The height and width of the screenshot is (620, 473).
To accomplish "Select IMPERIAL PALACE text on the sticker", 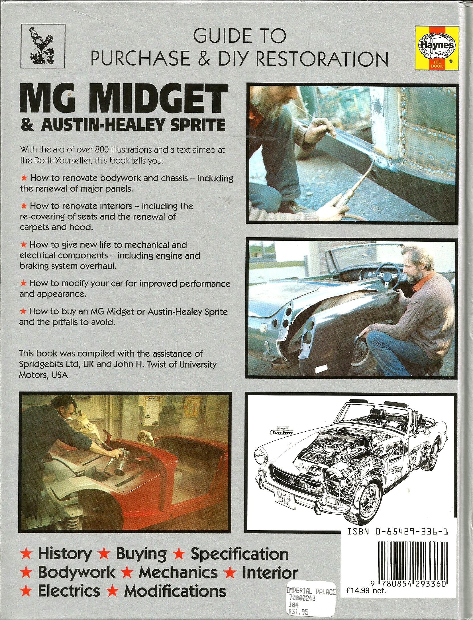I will point(311,590).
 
